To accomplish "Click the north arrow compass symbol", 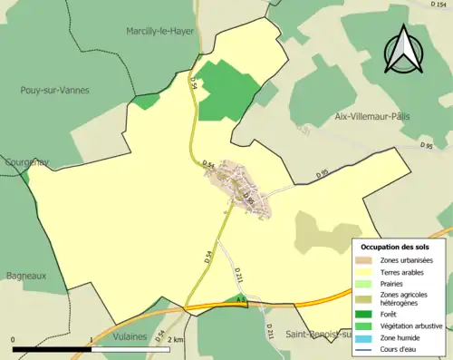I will (405, 50).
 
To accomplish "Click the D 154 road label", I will (441, 6).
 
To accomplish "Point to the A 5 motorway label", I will (241, 298).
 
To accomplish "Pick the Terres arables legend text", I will (403, 272).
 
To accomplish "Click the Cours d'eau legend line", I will (367, 348).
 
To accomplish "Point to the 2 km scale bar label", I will (177, 339).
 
